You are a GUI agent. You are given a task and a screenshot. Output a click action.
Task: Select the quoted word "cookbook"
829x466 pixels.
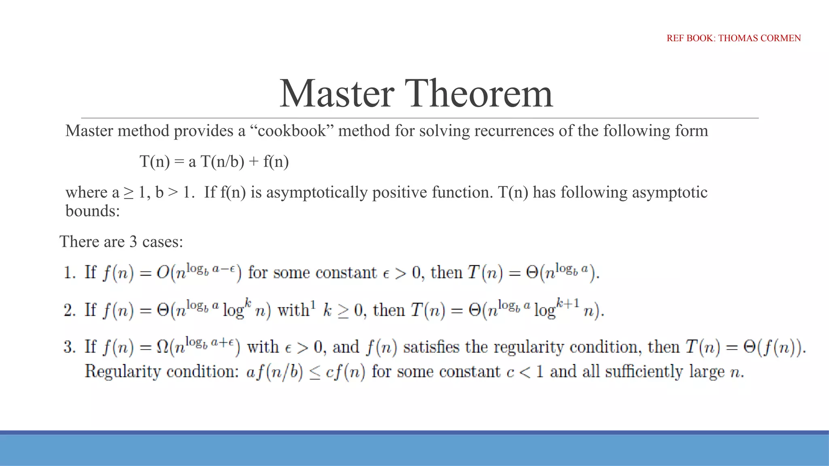[291, 131]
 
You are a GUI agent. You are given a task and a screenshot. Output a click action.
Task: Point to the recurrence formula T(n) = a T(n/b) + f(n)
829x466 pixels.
[214, 161]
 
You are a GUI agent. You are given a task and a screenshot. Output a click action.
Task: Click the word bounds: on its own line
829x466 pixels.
[93, 211]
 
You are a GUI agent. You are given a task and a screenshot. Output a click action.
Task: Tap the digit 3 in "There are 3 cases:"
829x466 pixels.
[133, 242]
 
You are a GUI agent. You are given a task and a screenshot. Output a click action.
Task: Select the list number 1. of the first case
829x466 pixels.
[70, 273]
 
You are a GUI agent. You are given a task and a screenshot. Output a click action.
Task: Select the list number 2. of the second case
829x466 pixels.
[70, 310]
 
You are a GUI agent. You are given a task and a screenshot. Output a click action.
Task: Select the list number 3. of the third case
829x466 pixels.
[70, 347]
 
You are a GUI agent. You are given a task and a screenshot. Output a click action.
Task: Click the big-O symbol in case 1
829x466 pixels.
[163, 273]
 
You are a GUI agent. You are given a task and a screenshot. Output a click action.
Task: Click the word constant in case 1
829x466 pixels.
[346, 273]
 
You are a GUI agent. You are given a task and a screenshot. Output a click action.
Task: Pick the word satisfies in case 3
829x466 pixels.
[432, 347]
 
